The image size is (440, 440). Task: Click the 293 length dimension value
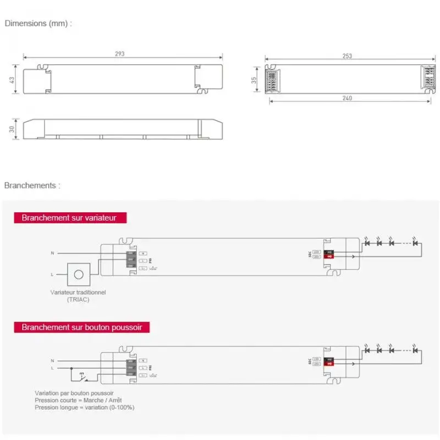tap(120, 53)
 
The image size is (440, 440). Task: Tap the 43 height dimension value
tap(12, 80)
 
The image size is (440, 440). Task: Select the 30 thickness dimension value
tap(12, 128)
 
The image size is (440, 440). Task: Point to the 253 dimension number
tap(346, 56)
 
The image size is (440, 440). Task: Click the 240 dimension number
tap(346, 98)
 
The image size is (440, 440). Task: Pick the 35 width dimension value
tap(254, 79)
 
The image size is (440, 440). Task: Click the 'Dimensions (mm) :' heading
tap(38, 24)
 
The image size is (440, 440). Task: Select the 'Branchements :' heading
tap(32, 185)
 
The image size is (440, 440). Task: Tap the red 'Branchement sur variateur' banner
tap(69, 218)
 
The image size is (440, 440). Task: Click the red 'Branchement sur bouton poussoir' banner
tap(82, 327)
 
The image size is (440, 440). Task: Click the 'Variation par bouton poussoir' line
tap(74, 393)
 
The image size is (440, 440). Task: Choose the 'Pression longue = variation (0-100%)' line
tap(84, 408)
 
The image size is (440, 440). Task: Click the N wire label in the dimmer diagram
tap(52, 253)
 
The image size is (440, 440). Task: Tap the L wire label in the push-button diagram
tap(52, 367)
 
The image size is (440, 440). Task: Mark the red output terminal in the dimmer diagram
tap(329, 256)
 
